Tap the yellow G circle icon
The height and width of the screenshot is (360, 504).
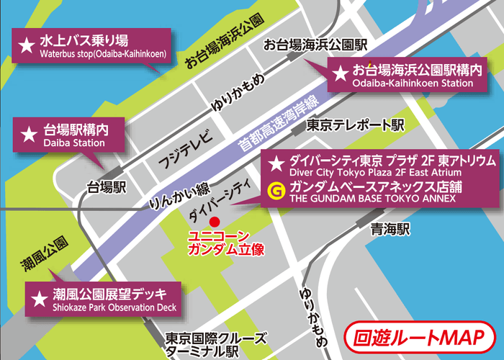274,190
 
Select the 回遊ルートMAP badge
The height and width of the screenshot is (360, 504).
418,337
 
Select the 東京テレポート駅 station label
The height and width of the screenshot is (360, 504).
355,125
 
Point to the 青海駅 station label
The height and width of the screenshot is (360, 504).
390,230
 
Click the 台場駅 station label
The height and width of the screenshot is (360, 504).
107,188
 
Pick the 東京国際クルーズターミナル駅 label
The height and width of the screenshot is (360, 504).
211,345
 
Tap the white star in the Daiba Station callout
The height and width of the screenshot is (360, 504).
29,134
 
